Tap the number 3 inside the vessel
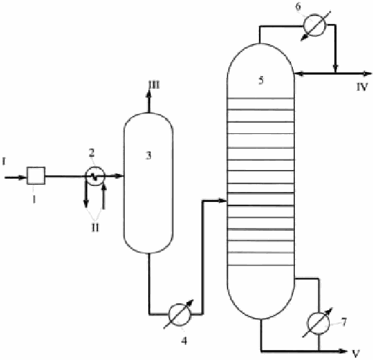(x=148, y=155)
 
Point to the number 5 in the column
(x=261, y=80)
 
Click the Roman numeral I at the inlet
(x=3, y=162)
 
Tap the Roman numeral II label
(x=95, y=228)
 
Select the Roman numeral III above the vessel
(x=154, y=85)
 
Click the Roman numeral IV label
(x=362, y=87)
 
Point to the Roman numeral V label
(x=356, y=354)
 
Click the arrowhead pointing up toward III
(x=149, y=94)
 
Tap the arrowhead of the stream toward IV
(x=367, y=74)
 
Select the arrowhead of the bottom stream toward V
(x=343, y=351)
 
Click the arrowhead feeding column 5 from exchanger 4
(x=223, y=201)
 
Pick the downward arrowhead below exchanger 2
(x=86, y=204)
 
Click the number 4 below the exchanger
(x=184, y=341)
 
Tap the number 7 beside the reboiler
(x=344, y=322)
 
